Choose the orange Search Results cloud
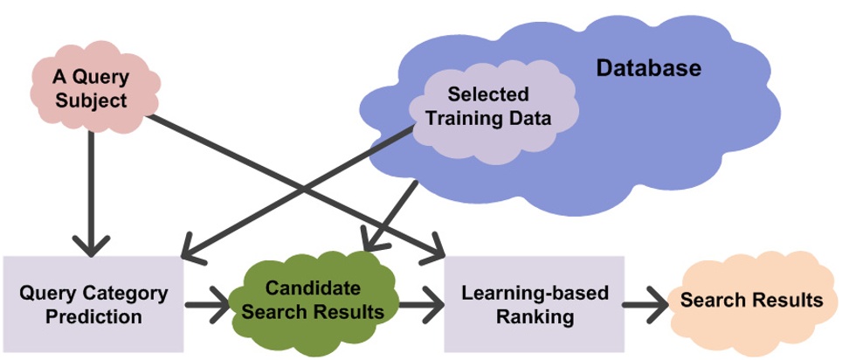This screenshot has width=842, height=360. (751, 301)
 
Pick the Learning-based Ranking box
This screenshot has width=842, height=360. (535, 303)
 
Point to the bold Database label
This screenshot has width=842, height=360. (648, 67)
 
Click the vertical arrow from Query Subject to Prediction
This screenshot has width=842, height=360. (91, 192)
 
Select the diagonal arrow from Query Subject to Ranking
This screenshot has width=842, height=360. (297, 187)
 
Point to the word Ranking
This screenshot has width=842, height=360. (535, 317)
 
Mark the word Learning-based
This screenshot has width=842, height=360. (535, 293)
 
